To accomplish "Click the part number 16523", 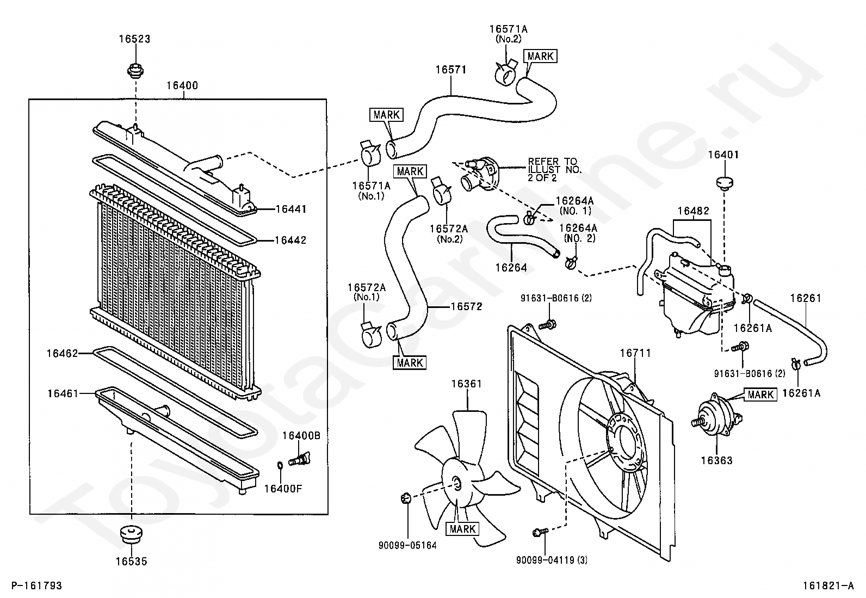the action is coord(134,39).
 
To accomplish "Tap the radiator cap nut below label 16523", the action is coord(135,70).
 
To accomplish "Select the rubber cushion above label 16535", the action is coord(132,535).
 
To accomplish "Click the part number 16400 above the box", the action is coord(182,85).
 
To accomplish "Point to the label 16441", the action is coord(290,209).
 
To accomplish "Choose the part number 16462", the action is coord(62,353).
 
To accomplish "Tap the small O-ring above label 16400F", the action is coord(280,465).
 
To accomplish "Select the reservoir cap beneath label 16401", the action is coord(723,183).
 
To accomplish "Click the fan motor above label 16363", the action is coord(715,418).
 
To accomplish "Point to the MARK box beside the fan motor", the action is coord(760,394).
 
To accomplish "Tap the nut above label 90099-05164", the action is coord(406,498).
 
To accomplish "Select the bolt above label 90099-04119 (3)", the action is coord(540,533).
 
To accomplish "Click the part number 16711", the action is coord(635,353).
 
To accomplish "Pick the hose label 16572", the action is coord(467,306).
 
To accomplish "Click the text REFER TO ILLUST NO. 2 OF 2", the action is coord(554,169).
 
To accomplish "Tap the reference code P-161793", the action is coord(37,585).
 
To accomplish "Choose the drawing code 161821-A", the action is coord(828,585).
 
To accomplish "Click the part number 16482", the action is coord(693,211).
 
